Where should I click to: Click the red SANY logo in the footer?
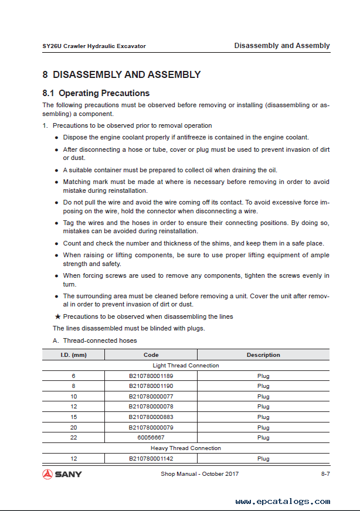click(x=62, y=473)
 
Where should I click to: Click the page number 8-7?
click(x=325, y=473)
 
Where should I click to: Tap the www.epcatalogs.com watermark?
click(x=283, y=502)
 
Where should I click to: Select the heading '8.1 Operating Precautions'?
click(x=96, y=93)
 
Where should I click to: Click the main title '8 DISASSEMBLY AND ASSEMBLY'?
click(x=121, y=75)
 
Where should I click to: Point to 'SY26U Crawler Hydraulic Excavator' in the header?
click(x=94, y=46)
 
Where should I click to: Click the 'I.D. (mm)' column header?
click(x=73, y=355)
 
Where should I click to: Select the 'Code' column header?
click(x=151, y=355)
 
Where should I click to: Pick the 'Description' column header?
click(x=263, y=355)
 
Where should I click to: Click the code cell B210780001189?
click(x=151, y=376)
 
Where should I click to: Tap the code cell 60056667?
click(x=151, y=438)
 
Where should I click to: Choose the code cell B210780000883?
click(x=151, y=417)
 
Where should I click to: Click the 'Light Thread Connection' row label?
click(x=185, y=365)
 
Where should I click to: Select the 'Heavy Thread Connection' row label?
click(x=185, y=448)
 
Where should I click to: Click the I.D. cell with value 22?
click(x=73, y=438)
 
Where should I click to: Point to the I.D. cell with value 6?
click(x=73, y=376)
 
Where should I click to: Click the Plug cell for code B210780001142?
click(x=263, y=459)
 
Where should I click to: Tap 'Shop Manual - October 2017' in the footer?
click(x=199, y=473)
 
